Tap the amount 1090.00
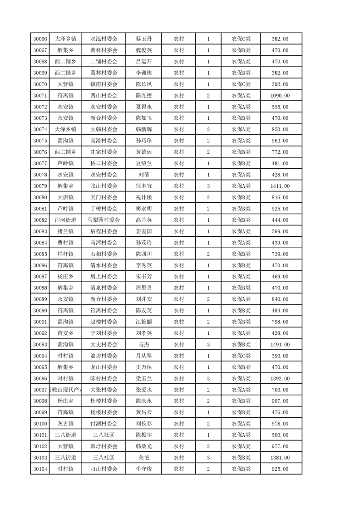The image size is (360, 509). (280, 96)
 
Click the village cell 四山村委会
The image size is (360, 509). (104, 96)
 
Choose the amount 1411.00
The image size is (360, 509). (280, 186)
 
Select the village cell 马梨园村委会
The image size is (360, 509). (104, 220)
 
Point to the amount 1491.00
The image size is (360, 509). (280, 345)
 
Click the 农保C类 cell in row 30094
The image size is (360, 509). (241, 356)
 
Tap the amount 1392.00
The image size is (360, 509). (280, 379)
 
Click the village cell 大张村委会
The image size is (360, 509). (104, 390)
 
